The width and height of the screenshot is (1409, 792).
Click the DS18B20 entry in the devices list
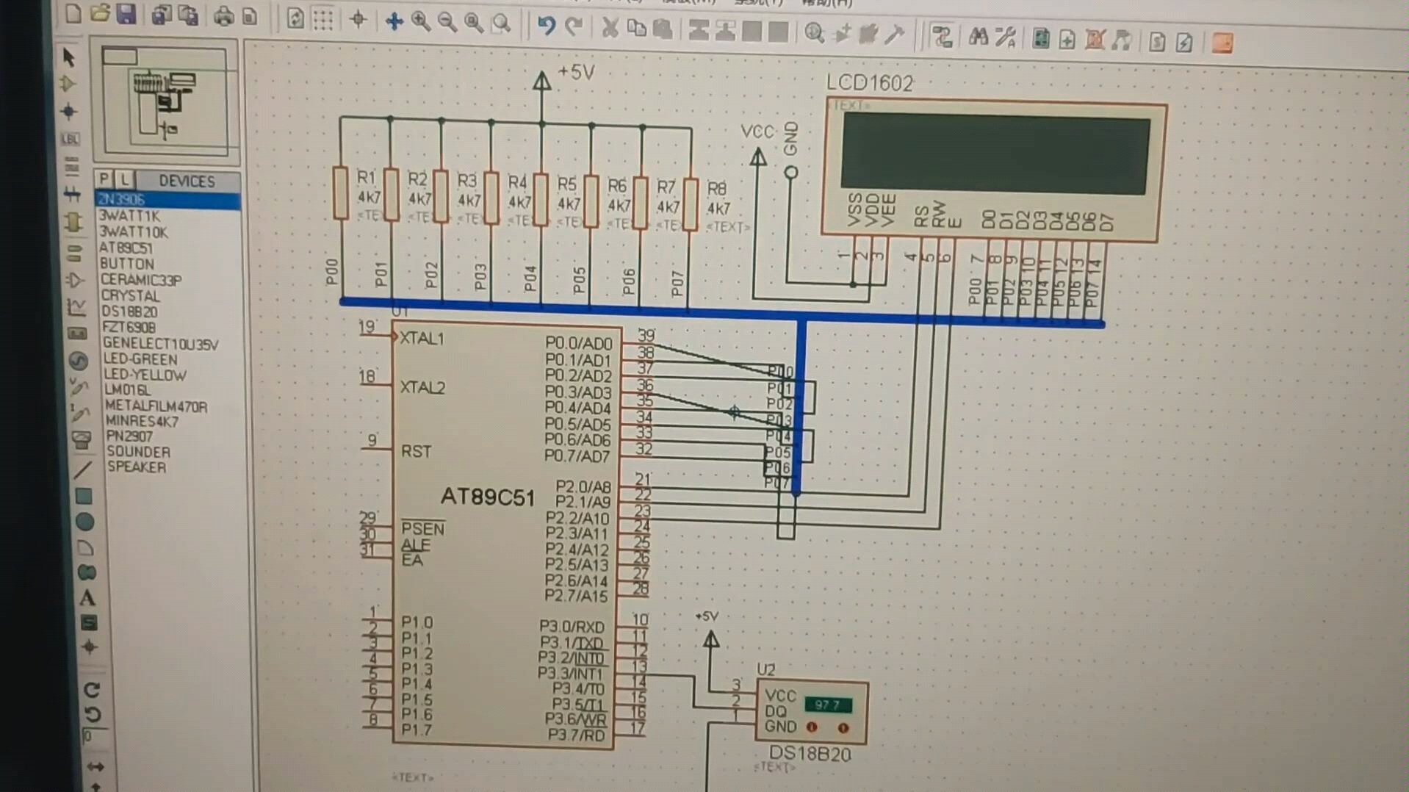129,312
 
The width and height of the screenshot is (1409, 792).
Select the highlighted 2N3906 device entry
122,200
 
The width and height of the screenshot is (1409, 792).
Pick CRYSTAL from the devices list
130,295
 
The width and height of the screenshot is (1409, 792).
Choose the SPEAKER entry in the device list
137,467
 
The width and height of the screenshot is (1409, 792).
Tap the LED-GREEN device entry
140,359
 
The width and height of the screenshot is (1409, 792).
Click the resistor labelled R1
340,193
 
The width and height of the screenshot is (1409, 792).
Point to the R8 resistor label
716,189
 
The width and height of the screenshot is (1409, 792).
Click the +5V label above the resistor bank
576,72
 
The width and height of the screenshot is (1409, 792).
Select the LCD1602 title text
870,83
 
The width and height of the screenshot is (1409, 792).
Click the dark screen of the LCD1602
995,154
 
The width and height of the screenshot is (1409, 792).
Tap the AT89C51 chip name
487,497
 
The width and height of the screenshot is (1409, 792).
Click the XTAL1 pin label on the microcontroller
422,339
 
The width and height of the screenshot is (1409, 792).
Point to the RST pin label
416,451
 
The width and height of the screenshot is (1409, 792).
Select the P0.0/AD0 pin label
578,343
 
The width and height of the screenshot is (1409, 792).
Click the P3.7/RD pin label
576,735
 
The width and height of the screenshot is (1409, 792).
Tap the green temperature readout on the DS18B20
827,705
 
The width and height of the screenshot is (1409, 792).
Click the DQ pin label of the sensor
775,711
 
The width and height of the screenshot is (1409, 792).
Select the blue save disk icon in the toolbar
126,14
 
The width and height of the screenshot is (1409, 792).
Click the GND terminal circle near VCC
790,173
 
